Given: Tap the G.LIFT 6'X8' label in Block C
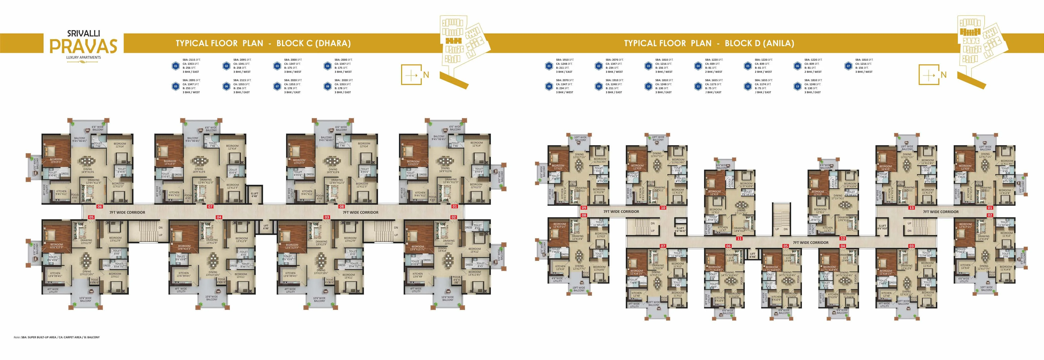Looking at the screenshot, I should pos(255,195).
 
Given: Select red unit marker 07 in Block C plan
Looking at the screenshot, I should pos(210,206).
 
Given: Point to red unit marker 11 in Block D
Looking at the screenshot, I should pos(739,239).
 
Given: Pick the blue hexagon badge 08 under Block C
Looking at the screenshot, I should pos(328,86).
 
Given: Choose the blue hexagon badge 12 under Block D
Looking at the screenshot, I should pos(748,86).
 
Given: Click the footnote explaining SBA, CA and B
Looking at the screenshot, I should pos(56,337).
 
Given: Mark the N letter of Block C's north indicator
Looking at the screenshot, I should pos(426,75).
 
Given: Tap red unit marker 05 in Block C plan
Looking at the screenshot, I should pos(91,217).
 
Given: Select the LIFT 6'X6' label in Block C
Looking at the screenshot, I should pos(266,227).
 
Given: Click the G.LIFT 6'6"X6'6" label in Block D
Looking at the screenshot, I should pos(680,229).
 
